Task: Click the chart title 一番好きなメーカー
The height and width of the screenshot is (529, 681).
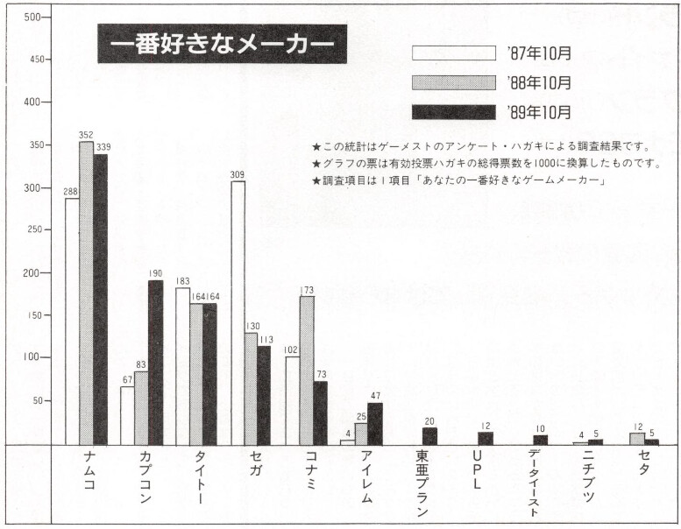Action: (x=222, y=43)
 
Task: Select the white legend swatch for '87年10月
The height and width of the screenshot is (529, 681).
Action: (x=454, y=53)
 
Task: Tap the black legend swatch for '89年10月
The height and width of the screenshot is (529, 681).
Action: (x=454, y=112)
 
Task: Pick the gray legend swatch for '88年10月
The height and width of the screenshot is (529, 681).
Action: (x=454, y=82)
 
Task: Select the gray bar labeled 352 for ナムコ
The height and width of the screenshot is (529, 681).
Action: (x=86, y=293)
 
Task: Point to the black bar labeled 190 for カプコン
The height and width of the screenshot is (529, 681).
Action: (x=155, y=363)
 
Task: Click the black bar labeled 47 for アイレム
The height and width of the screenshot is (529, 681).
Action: (x=375, y=424)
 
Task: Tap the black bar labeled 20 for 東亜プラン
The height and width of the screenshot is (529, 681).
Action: (x=429, y=435)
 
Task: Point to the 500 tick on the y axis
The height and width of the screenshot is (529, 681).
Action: (x=32, y=18)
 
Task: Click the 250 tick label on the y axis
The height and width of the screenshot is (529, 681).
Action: (x=31, y=230)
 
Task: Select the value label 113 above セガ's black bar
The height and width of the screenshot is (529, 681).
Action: (x=266, y=338)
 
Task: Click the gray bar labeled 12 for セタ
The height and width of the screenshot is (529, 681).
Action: (x=637, y=439)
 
